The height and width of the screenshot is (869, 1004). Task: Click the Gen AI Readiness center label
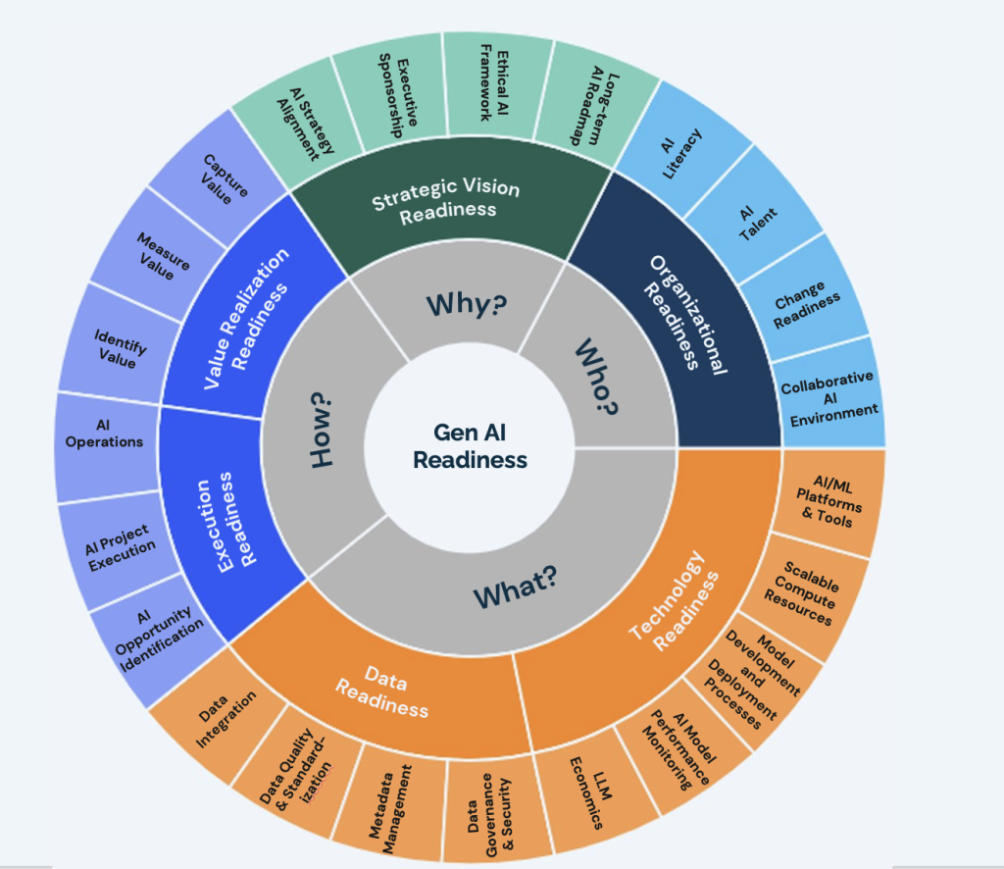point(470,446)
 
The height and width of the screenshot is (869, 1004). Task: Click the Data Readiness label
point(383,691)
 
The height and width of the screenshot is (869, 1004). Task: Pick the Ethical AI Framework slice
point(495,83)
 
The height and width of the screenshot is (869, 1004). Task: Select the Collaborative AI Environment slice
point(829,397)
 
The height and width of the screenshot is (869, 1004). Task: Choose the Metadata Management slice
point(390,807)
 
